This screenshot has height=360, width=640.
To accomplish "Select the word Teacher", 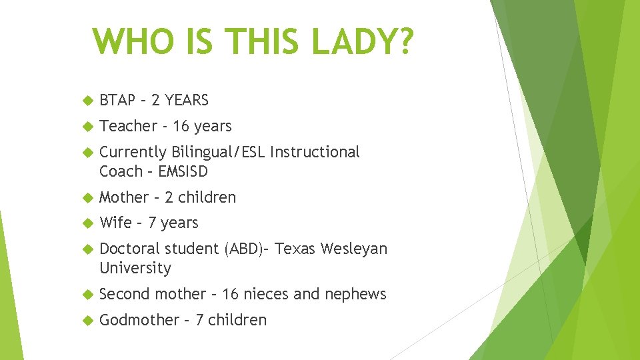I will pyautogui.click(x=128, y=126).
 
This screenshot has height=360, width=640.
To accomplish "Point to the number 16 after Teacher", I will pyautogui.click(x=181, y=126).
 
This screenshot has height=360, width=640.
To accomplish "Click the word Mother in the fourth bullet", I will pyautogui.click(x=124, y=197).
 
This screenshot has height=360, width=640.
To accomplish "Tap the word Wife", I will pyautogui.click(x=114, y=223).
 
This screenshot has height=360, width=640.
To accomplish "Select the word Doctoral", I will pyautogui.click(x=129, y=249).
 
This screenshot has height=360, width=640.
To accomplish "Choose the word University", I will pyautogui.click(x=135, y=268).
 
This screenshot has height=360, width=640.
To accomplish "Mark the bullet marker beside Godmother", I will pyautogui.click(x=85, y=321).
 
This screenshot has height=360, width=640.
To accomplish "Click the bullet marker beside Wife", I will pyautogui.click(x=85, y=223).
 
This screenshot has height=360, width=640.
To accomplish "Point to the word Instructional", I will pyautogui.click(x=315, y=152).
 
